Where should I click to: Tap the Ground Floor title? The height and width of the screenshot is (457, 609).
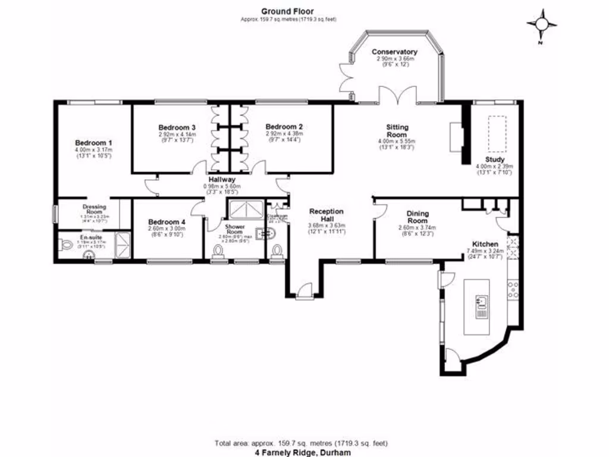click(x=288, y=11)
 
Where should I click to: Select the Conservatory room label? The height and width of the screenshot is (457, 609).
click(x=394, y=52)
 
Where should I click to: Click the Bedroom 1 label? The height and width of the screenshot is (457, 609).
click(x=93, y=143)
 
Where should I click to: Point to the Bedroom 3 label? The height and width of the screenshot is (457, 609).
click(x=177, y=127)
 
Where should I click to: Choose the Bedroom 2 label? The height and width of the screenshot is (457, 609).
click(x=284, y=127)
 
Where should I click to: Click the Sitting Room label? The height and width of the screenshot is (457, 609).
click(x=397, y=131)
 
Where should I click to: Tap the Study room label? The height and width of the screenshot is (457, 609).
click(x=494, y=159)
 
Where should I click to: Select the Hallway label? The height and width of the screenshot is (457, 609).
click(x=221, y=179)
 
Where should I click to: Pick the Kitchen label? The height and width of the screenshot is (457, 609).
click(x=485, y=244)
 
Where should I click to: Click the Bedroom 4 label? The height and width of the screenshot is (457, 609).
click(x=167, y=223)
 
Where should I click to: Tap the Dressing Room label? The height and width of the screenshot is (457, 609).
click(x=95, y=209)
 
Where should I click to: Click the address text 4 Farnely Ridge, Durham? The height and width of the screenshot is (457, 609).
click(x=303, y=453)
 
